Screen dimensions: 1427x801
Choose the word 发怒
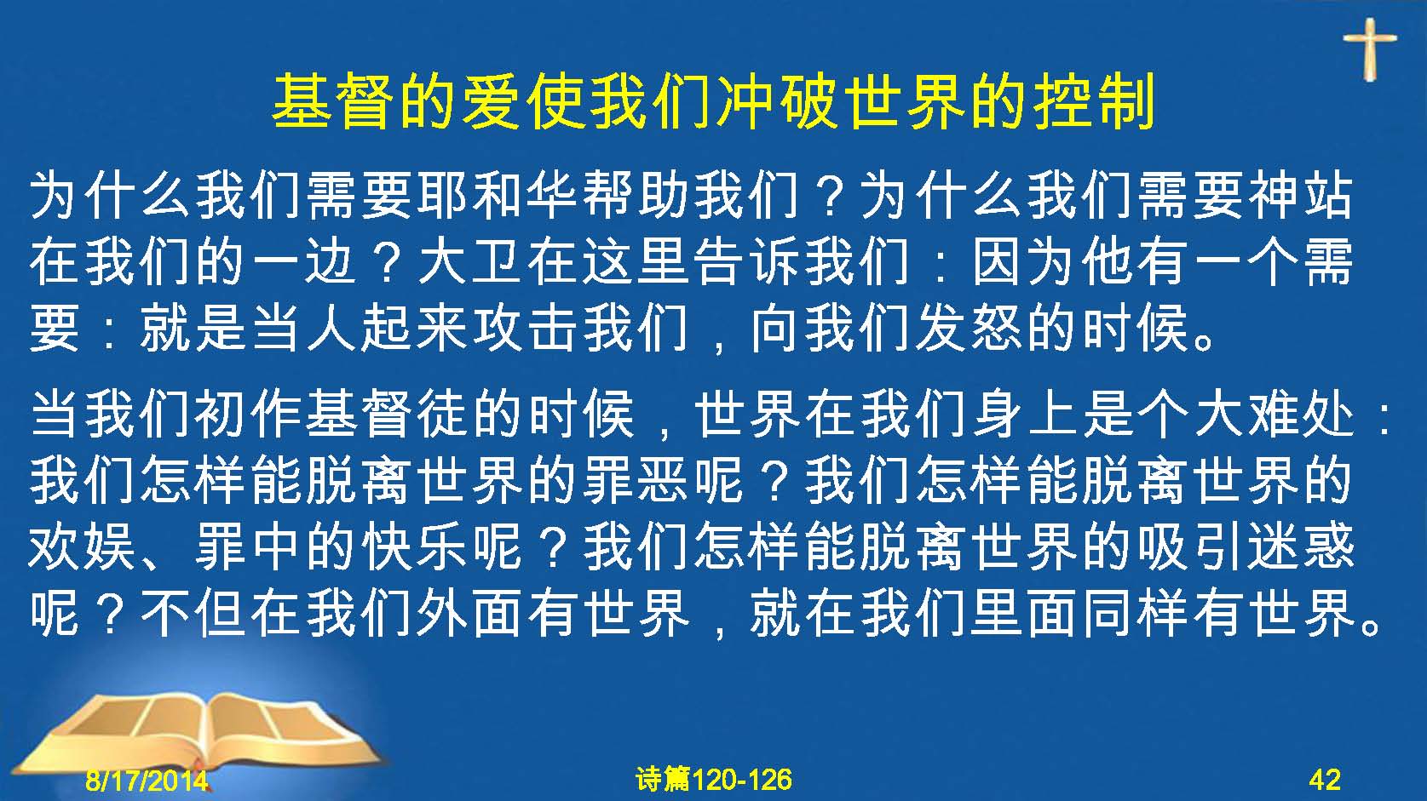click(x=970, y=329)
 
